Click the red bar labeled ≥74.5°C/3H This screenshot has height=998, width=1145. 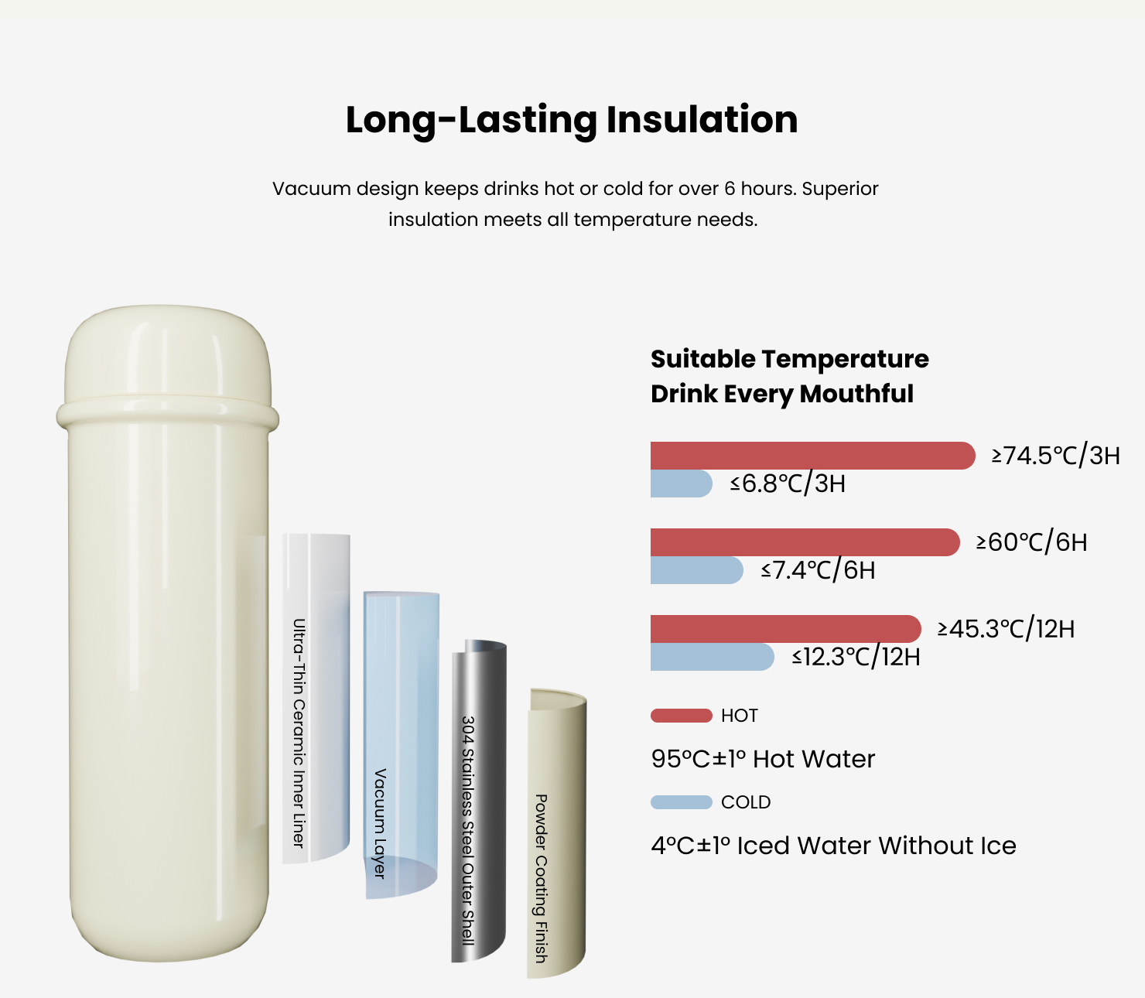coord(812,456)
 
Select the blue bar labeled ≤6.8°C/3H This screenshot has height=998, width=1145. coord(681,484)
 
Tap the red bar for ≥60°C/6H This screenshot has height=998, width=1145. coord(805,542)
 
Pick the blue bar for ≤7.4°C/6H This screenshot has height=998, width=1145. coord(697,570)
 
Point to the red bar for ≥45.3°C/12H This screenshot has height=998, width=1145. coord(786,629)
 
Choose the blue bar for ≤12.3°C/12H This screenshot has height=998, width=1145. coord(712,657)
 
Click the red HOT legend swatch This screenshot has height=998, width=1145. coord(681,716)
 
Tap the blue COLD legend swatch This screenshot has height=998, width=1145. coord(681,802)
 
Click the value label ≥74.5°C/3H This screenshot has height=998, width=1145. coord(1056,456)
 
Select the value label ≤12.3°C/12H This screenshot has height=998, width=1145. coord(856,657)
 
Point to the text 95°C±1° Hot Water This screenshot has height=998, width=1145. coord(763,759)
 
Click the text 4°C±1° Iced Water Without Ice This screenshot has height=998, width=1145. coord(833,846)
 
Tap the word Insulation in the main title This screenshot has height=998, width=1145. coord(702,119)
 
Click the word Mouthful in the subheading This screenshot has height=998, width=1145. coord(856,393)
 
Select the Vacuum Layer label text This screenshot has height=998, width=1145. coord(380,823)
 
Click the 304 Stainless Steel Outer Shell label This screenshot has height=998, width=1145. coord(468,830)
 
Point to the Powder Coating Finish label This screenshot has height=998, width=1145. coord(541,878)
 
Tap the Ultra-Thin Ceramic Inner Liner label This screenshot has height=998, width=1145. coord(299,733)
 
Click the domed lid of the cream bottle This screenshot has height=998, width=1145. coord(167,354)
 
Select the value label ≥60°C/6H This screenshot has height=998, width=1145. coord(1032,542)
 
